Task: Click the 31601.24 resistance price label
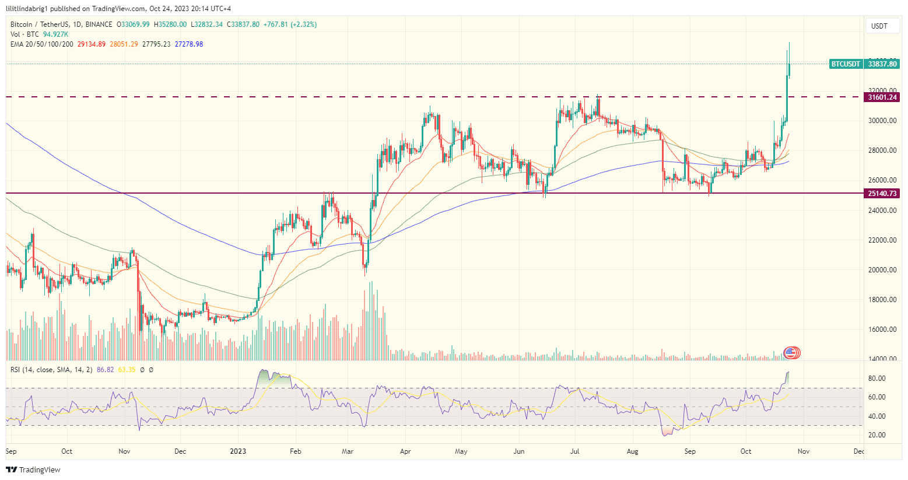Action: (x=882, y=97)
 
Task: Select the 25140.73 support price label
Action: (x=882, y=194)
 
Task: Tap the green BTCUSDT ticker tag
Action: (x=846, y=64)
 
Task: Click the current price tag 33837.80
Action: (x=882, y=64)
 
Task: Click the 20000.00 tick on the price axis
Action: (x=882, y=270)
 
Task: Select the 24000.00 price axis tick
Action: (x=882, y=211)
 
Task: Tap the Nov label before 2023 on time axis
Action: (x=124, y=451)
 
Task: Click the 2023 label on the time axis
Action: (x=238, y=451)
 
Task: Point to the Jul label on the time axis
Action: (x=575, y=451)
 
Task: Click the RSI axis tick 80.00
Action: (x=877, y=379)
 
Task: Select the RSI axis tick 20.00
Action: (x=877, y=435)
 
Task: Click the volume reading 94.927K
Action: (x=55, y=34)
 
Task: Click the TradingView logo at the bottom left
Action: (x=33, y=470)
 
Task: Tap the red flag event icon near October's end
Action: (x=792, y=352)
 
